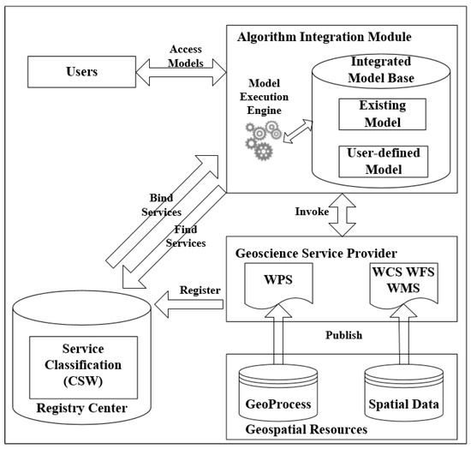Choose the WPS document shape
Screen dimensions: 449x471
point(281,282)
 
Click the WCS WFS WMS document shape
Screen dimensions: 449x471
point(402,282)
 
